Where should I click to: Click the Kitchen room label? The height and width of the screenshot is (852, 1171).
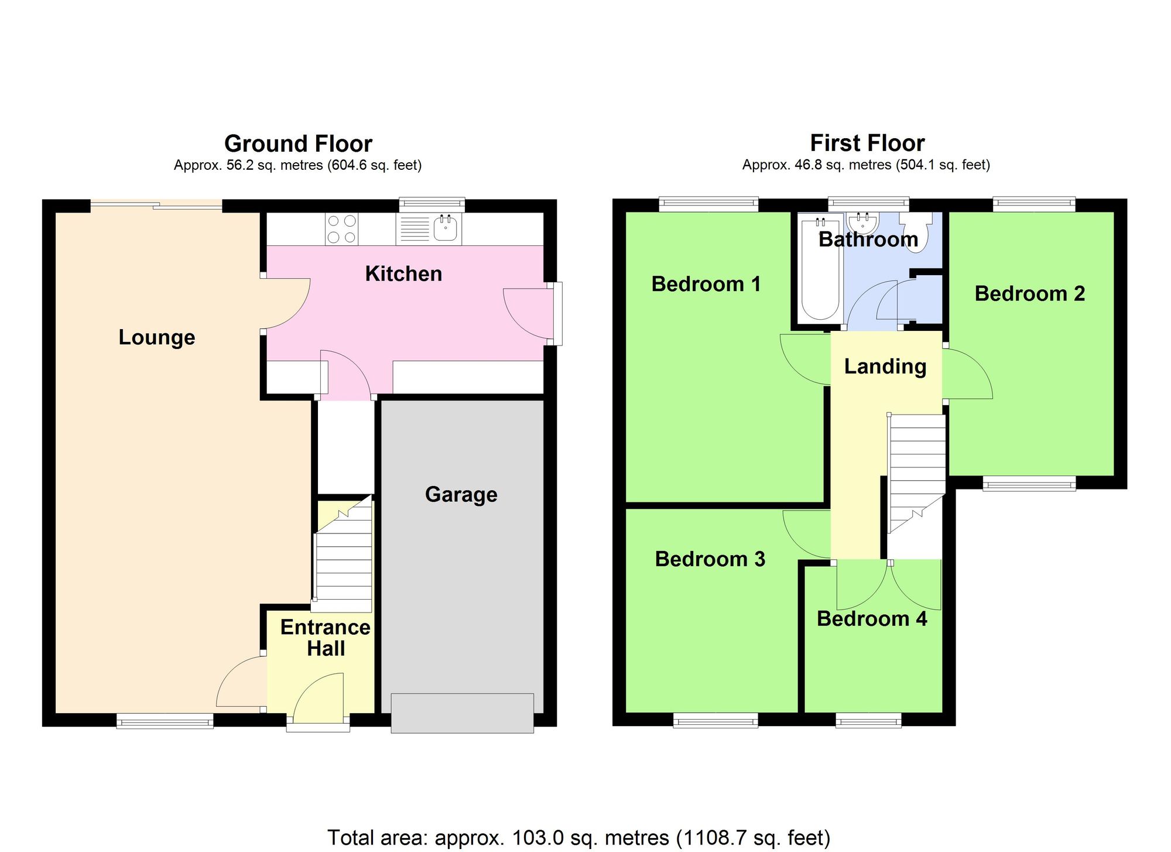(x=403, y=274)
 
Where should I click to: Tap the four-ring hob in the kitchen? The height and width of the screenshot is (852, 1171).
(x=342, y=229)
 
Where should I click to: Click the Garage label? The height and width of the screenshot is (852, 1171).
(x=461, y=495)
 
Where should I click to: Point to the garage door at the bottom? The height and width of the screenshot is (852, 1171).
(x=462, y=713)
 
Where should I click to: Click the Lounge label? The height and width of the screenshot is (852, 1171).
(x=157, y=338)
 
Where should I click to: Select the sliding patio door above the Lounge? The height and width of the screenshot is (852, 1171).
(x=156, y=206)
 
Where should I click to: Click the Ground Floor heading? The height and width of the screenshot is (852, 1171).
(x=298, y=143)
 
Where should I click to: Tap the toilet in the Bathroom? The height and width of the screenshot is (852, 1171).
(x=916, y=233)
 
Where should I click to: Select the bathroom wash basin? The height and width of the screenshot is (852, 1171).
(x=863, y=223)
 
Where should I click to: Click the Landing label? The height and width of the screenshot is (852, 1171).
(x=885, y=367)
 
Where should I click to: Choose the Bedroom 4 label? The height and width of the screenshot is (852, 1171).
(x=871, y=619)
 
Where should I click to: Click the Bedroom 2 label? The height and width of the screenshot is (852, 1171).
(x=1029, y=294)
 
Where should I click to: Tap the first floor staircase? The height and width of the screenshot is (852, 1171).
(x=916, y=468)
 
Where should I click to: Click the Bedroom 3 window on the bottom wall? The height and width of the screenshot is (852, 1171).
(x=715, y=720)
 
